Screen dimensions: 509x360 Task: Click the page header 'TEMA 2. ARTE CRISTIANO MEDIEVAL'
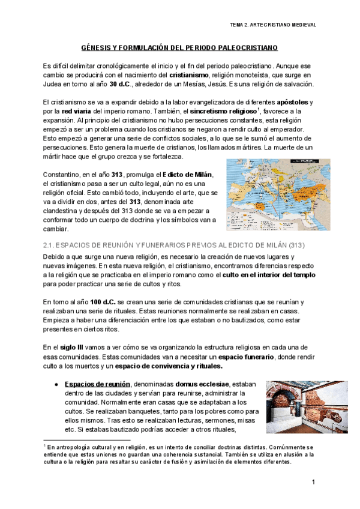273,25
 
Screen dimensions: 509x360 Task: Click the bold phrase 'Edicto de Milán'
187,174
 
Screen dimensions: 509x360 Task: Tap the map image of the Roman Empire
278,194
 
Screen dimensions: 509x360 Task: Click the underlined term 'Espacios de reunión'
98,384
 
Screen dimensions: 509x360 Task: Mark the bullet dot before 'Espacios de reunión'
56,384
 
